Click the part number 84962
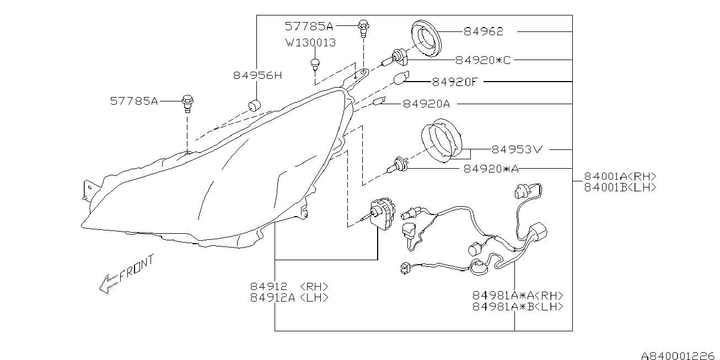[483, 31]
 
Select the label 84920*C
[483, 60]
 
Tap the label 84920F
[455, 82]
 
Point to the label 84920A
[427, 104]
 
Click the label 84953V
[517, 149]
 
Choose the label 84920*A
[491, 169]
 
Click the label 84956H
[257, 76]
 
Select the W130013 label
[311, 42]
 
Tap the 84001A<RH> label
[620, 176]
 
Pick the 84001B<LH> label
[620, 187]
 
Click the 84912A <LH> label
[289, 298]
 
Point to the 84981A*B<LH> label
[518, 307]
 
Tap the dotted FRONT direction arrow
[109, 283]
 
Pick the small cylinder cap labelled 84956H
[255, 105]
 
